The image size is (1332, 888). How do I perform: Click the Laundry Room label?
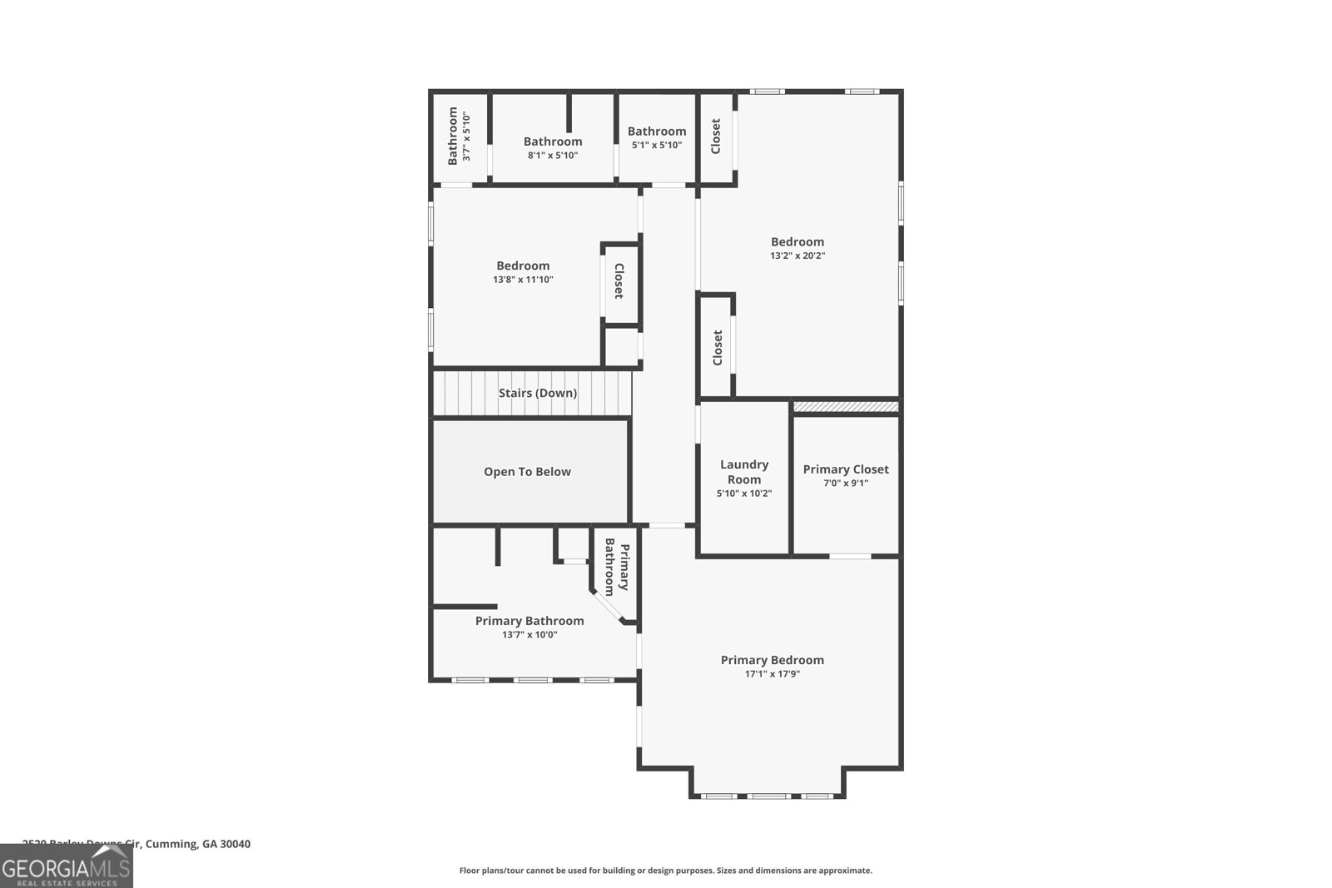[743, 472]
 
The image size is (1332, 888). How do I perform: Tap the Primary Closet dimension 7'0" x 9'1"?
[845, 483]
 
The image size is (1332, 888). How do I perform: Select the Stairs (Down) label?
[537, 393]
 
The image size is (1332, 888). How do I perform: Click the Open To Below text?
[527, 472]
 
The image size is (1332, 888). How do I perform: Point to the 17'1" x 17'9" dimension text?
[772, 674]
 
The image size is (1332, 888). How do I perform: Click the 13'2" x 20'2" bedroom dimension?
[797, 256]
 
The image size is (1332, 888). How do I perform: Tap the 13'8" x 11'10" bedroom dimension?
[523, 280]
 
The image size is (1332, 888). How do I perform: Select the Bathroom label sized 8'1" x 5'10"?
[552, 141]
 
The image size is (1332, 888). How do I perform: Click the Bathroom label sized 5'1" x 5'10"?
[656, 131]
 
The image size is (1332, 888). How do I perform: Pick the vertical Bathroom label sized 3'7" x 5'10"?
[453, 136]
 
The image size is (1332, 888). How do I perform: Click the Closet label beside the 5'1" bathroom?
[715, 136]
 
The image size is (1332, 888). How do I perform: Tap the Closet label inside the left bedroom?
[619, 281]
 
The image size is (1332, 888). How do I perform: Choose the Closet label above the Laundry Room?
[717, 348]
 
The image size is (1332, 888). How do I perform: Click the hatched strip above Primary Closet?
[845, 407]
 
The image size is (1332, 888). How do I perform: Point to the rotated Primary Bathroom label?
[617, 567]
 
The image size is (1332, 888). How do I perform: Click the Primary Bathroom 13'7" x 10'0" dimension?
[529, 635]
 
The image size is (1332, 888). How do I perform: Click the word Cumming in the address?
[171, 844]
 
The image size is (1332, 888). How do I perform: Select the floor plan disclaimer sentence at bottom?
[665, 871]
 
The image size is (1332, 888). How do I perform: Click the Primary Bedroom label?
[772, 660]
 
